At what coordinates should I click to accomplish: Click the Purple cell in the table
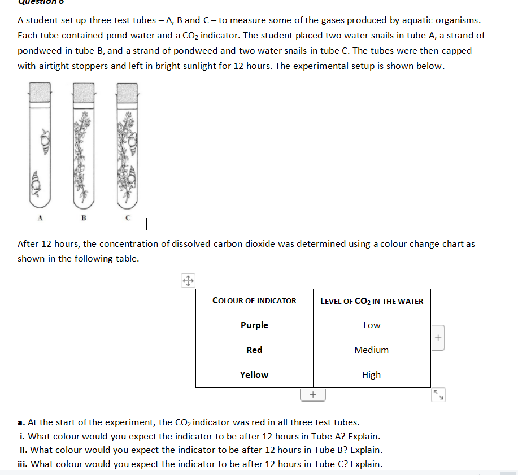254,325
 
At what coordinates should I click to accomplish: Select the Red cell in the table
254,350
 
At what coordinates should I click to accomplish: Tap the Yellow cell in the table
254,375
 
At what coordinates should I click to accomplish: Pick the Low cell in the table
372,325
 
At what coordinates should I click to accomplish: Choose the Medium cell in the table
372,350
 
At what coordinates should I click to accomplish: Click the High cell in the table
372,375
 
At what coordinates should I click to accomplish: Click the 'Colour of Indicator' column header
254,301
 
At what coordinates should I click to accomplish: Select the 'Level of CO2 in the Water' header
372,301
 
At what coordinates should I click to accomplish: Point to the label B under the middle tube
84,217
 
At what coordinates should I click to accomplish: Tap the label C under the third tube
128,217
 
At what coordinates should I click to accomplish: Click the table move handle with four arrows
188,280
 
